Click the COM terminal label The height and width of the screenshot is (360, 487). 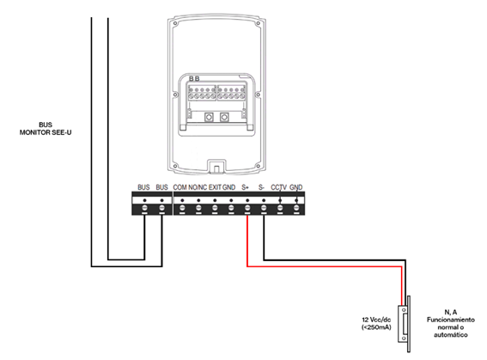click(x=180, y=187)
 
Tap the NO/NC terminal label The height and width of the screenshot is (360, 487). click(x=198, y=187)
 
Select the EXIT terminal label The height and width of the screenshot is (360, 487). click(x=215, y=187)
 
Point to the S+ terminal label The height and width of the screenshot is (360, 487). click(x=245, y=187)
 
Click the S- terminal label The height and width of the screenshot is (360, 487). click(x=261, y=187)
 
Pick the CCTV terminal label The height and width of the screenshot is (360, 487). click(x=278, y=187)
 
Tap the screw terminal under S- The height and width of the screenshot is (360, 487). click(x=264, y=208)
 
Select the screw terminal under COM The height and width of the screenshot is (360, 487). click(x=182, y=208)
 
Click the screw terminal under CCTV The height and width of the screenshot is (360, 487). click(x=280, y=208)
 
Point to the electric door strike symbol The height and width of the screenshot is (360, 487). click(x=405, y=324)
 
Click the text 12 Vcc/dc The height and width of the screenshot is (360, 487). click(x=376, y=320)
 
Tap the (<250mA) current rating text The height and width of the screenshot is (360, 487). click(x=376, y=327)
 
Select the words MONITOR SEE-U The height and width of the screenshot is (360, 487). click(x=46, y=132)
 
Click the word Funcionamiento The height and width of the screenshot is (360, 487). click(x=451, y=320)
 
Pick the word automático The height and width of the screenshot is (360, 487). click(x=451, y=335)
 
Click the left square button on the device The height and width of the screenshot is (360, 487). click(x=209, y=117)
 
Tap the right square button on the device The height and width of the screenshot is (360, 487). click(x=224, y=117)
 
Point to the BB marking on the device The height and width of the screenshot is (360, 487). click(x=194, y=79)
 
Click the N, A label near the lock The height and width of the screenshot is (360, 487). click(x=451, y=312)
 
